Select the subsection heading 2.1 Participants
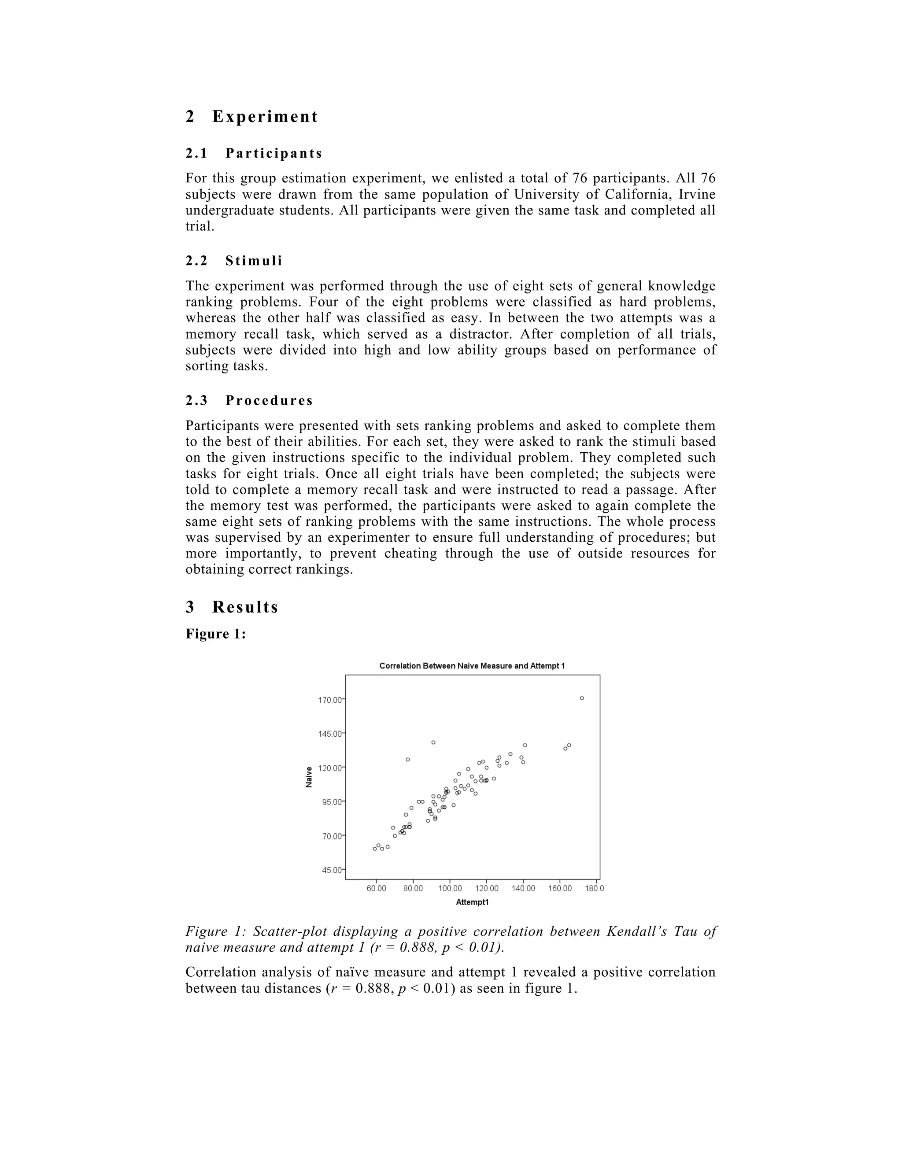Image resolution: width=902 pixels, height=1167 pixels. pos(254,153)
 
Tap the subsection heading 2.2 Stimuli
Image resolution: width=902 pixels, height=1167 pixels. pos(233,261)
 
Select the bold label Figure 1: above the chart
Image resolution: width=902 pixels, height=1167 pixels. pos(215,634)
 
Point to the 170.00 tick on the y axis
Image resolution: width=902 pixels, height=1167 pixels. pos(330,699)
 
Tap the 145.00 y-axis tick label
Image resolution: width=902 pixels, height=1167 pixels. pos(330,734)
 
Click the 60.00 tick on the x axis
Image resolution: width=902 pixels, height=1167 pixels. pos(376,889)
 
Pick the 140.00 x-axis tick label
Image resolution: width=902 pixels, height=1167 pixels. pos(523,889)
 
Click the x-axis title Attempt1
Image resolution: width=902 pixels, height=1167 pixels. pos(473,902)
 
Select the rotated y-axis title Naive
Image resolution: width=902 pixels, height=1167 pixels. pos(309,777)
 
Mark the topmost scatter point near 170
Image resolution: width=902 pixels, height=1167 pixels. pos(582,698)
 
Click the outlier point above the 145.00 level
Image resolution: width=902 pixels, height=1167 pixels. pos(433,742)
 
